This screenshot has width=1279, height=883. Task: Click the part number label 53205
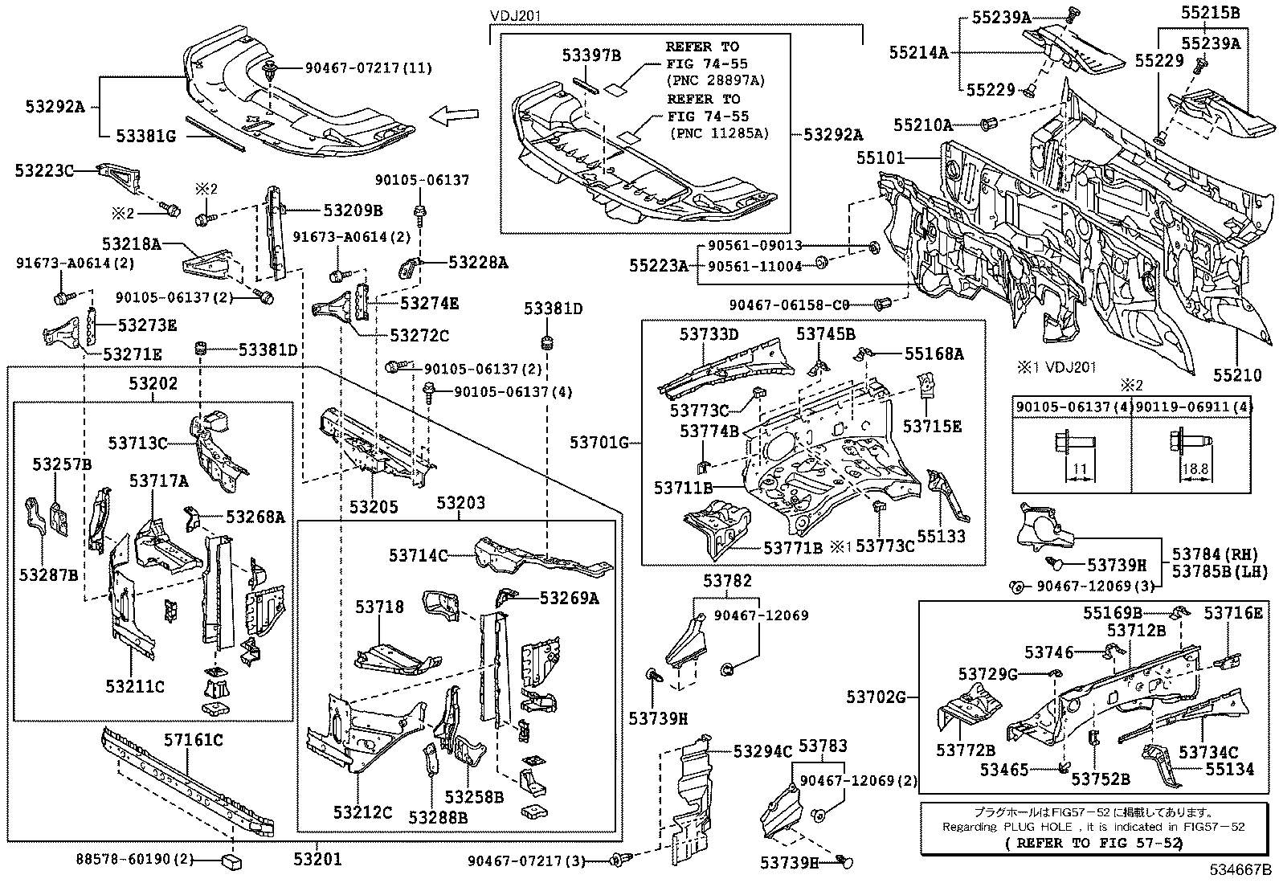(374, 507)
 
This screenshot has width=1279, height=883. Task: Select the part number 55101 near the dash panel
(881, 159)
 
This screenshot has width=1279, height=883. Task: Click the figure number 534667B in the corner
(1242, 870)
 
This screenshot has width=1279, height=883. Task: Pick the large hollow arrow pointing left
(454, 118)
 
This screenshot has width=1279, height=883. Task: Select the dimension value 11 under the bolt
(1079, 468)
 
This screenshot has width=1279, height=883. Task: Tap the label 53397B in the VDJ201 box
(590, 55)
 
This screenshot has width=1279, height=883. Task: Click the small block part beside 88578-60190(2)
(231, 863)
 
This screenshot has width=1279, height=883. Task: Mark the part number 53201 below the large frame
(316, 860)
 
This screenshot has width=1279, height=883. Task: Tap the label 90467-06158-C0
(789, 305)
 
